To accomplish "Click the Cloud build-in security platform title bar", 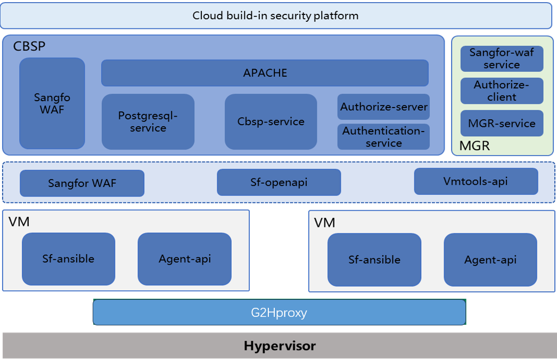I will (x=276, y=15).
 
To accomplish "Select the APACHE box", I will (x=265, y=73).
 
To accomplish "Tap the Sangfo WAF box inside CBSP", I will (x=52, y=103).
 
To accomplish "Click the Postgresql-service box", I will (x=148, y=122).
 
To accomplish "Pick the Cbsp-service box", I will (x=271, y=122).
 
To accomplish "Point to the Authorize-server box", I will (x=383, y=107).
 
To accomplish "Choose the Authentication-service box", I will (x=383, y=137).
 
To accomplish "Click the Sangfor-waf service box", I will (x=502, y=59).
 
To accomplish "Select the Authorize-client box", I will (x=502, y=91).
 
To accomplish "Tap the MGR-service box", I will (x=502, y=123).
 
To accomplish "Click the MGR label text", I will (x=474, y=145).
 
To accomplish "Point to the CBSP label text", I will (x=29, y=46).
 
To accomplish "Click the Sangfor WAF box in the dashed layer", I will (x=82, y=183).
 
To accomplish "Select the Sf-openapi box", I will (x=278, y=183).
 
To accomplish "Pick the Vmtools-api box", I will (x=476, y=182).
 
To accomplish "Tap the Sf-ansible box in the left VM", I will (x=68, y=259).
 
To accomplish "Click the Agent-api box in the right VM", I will (x=490, y=260).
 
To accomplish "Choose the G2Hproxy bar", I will (x=279, y=312).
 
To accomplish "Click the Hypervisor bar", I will (x=280, y=346).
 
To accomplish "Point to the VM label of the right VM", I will (x=324, y=223).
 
